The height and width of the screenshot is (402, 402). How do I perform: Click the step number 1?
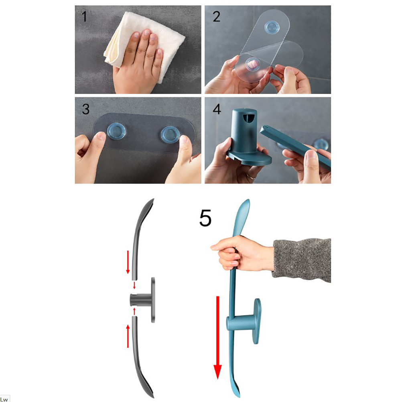pos(84,17)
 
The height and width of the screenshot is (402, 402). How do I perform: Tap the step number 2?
pos(216,17)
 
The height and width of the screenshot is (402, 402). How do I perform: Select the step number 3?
pos(85,109)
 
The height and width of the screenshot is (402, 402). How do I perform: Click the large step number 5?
pos(205,218)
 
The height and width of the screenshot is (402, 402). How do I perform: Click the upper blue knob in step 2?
pos(272,27)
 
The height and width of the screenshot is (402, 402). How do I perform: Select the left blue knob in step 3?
pos(117,131)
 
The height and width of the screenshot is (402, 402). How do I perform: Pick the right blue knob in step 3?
pos(170,134)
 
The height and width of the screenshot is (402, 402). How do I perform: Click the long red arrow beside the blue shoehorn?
pos(218,337)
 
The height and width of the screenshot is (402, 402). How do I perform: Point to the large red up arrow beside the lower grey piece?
pos(128,336)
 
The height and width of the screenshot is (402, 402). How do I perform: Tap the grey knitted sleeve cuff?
pos(302,260)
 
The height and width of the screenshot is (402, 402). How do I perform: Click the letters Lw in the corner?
pos(4,399)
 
